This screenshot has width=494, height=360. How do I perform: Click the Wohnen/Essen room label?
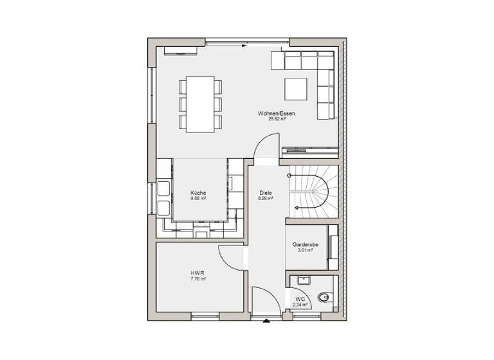click(277, 113)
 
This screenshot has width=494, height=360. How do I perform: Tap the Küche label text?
click(198, 193)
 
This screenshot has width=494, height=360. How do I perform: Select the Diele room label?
click(266, 193)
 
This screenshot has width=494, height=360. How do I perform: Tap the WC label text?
click(300, 299)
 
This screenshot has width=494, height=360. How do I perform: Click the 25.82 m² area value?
click(277, 119)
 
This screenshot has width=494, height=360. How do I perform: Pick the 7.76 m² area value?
click(197, 279)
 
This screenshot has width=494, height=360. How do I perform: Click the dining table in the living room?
click(200, 104)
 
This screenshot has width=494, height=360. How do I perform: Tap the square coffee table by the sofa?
click(297, 89)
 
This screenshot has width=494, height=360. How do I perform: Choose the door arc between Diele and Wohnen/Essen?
click(267, 148)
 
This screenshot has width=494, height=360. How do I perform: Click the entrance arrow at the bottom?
click(266, 319)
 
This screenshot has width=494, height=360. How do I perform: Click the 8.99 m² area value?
click(266, 199)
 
